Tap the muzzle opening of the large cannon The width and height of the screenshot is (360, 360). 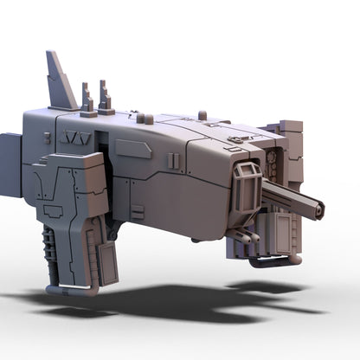click(x=319, y=209)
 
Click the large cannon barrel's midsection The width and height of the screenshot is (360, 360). click(x=290, y=197)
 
